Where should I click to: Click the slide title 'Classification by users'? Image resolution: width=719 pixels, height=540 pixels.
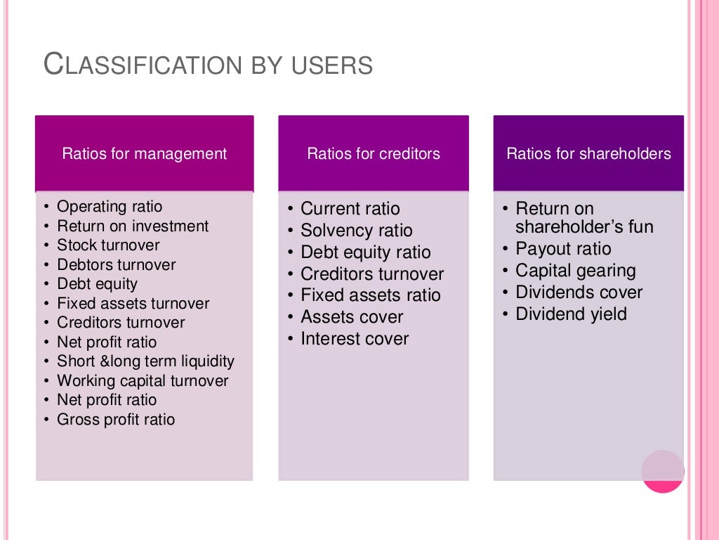pyautogui.click(x=208, y=65)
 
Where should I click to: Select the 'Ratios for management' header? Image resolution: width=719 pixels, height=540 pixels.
pyautogui.click(x=145, y=154)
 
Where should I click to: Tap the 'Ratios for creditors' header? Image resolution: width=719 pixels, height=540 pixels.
pyautogui.click(x=374, y=154)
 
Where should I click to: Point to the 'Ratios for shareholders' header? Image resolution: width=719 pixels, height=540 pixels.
pyautogui.click(x=588, y=154)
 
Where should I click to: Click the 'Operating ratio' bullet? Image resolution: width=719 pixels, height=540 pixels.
pyautogui.click(x=109, y=207)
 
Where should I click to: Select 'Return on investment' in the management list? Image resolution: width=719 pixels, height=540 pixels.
pyautogui.click(x=133, y=226)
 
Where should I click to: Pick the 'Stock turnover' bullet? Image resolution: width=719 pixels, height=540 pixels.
pyautogui.click(x=108, y=245)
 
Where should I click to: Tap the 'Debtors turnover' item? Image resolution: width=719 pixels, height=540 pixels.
pyautogui.click(x=116, y=265)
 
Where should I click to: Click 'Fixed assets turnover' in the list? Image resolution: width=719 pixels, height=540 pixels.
pyautogui.click(x=133, y=304)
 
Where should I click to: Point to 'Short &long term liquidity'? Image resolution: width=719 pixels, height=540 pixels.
pyautogui.click(x=145, y=361)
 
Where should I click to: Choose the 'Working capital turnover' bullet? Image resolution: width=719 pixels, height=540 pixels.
pyautogui.click(x=143, y=381)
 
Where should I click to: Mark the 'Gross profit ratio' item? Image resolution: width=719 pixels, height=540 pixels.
pyautogui.click(x=116, y=420)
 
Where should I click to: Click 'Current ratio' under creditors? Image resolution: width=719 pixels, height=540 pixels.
pyautogui.click(x=350, y=209)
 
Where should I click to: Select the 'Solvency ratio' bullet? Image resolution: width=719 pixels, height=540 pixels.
pyautogui.click(x=356, y=231)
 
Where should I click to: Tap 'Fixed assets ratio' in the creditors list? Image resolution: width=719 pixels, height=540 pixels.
pyautogui.click(x=370, y=295)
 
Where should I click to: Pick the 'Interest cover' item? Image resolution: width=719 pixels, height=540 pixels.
pyautogui.click(x=354, y=339)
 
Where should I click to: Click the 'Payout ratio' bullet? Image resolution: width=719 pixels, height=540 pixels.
pyautogui.click(x=563, y=249)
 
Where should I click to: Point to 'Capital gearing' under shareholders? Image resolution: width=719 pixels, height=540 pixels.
pyautogui.click(x=575, y=271)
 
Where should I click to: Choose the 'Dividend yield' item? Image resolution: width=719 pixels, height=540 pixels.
pyautogui.click(x=571, y=314)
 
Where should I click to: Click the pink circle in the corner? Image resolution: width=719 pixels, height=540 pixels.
pyautogui.click(x=662, y=471)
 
